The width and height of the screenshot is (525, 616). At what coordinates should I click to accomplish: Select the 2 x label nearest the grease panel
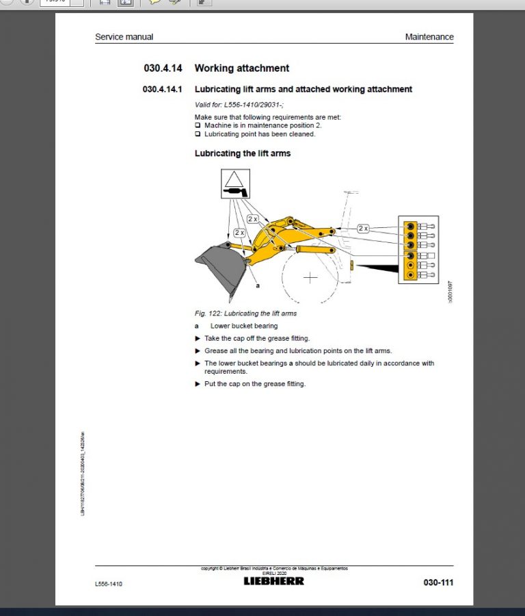coord(363,228)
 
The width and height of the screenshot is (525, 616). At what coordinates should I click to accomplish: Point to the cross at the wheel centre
coord(311,277)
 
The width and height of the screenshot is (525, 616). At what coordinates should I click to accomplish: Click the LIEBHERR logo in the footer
coord(274,580)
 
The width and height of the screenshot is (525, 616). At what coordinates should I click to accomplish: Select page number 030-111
coord(438,582)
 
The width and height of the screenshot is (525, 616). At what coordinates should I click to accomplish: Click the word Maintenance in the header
coord(429,37)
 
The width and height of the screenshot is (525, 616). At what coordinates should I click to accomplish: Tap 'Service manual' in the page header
coord(124,37)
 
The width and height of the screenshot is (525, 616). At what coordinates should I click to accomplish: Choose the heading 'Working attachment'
coord(241,68)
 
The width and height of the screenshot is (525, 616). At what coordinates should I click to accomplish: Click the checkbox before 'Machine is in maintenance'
coord(198,125)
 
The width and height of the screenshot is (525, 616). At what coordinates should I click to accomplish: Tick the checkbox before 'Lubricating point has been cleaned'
coord(198,134)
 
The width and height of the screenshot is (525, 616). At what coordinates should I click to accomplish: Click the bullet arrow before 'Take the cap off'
coord(198,338)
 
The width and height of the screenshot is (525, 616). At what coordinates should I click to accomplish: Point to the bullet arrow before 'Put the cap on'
coord(198,384)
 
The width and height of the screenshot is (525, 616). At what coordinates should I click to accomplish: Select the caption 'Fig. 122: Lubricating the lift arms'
coord(245,313)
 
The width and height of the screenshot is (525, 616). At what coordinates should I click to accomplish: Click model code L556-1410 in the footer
coord(109,584)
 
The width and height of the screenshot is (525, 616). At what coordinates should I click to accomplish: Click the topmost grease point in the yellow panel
coord(410,225)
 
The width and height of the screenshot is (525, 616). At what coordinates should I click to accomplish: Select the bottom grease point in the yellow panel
coord(410,275)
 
